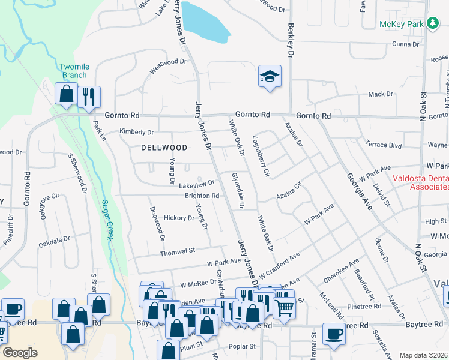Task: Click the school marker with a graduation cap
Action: point(270,76)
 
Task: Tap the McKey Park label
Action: point(401,25)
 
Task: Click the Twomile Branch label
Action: point(73,71)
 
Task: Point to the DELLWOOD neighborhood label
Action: point(164,147)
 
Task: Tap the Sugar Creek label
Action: point(107,220)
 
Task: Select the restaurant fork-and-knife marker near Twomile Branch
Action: point(89,95)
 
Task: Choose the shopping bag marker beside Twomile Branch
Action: point(66,94)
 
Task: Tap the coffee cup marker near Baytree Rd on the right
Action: point(334,334)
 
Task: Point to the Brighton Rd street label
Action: point(202,196)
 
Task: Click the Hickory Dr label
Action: point(179,218)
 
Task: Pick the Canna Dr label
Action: point(405,44)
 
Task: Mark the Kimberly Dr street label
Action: point(136,132)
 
